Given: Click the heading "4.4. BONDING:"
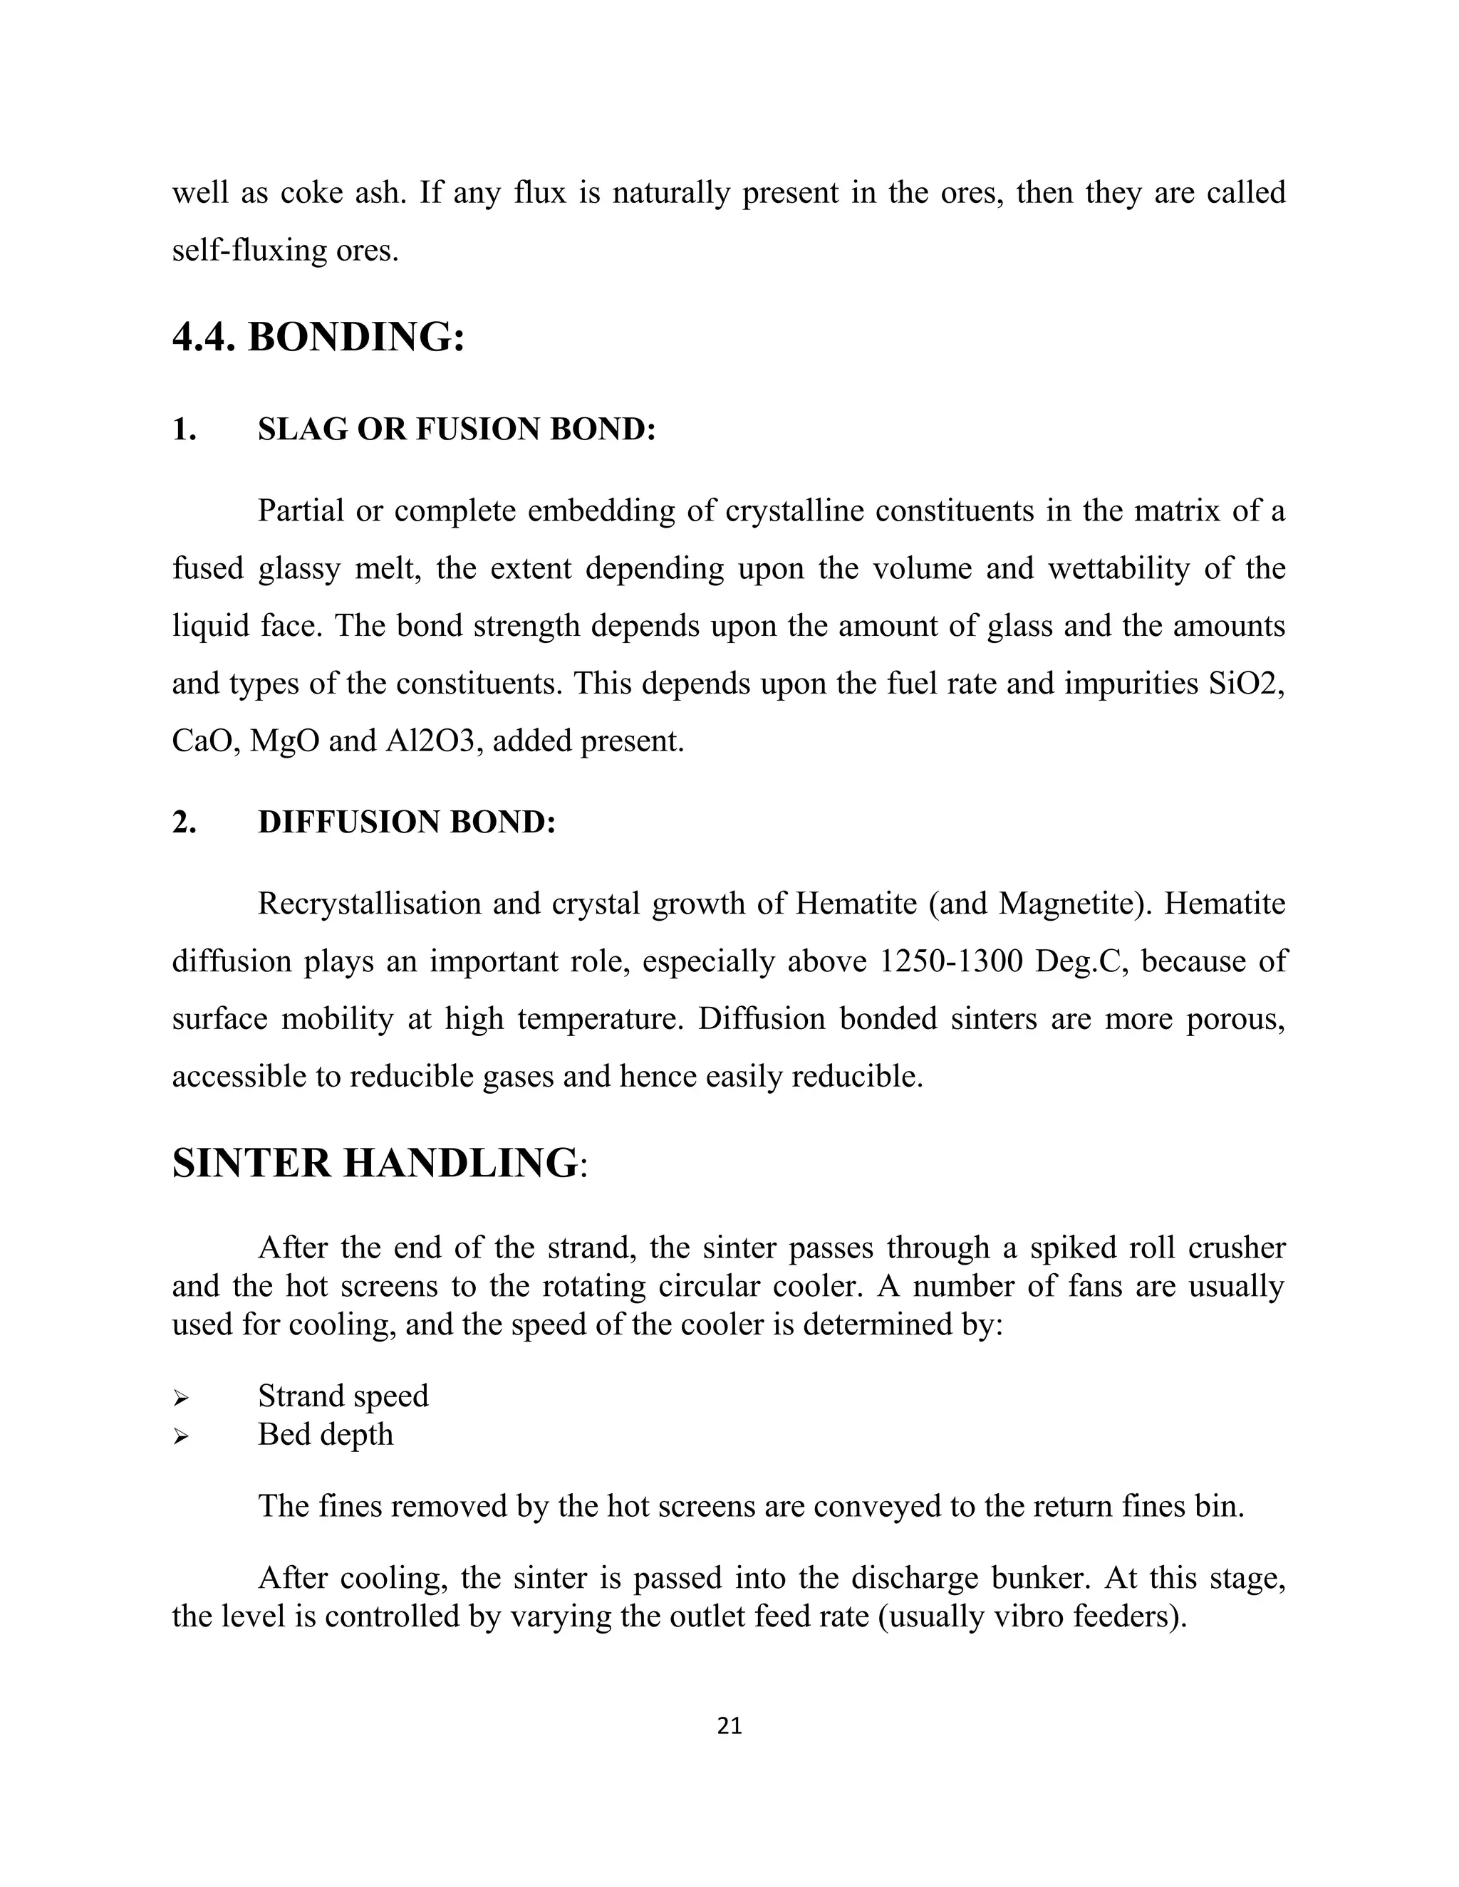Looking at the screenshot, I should coord(318,337).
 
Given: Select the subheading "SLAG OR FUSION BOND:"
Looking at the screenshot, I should coord(457,429).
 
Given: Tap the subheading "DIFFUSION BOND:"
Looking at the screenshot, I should coord(406,822).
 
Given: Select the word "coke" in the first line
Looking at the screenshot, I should coord(312,193).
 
